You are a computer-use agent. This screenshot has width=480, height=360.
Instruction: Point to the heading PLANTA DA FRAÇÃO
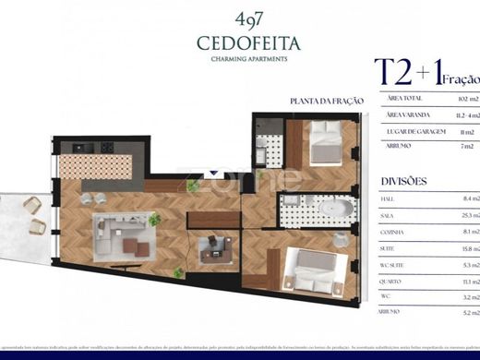[327, 101]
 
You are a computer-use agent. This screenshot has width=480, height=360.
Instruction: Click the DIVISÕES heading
[403, 181]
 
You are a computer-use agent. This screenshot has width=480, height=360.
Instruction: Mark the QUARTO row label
[392, 282]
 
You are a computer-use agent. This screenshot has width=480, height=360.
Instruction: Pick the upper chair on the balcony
[32, 204]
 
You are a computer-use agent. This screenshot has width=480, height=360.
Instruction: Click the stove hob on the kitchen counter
[106, 147]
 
